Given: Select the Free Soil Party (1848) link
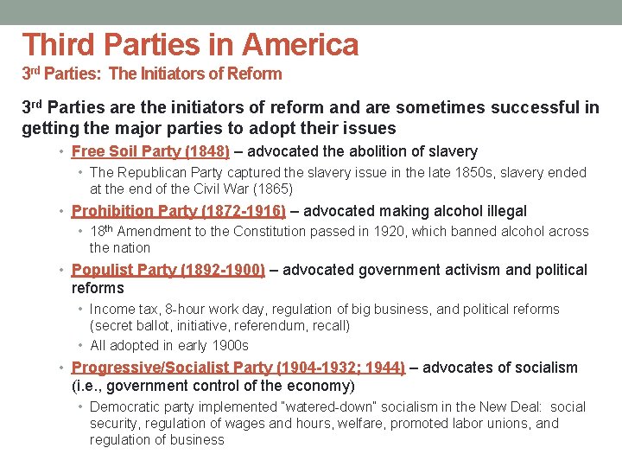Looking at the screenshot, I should [150, 151].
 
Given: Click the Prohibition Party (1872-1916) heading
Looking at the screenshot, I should [178, 211].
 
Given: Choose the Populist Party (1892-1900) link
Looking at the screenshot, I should [168, 270].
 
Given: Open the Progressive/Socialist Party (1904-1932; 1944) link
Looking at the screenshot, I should [238, 368].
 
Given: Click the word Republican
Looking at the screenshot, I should [155, 172].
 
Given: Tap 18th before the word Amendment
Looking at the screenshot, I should [101, 231].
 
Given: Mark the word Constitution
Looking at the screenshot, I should [257, 231].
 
